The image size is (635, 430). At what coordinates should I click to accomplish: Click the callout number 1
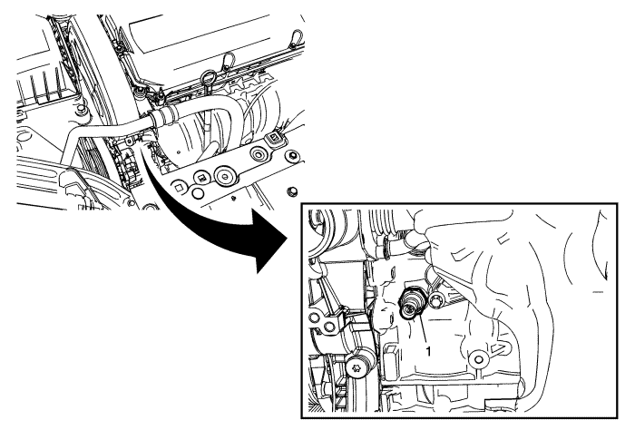[428, 351]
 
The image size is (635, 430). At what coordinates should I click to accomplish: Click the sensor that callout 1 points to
[411, 304]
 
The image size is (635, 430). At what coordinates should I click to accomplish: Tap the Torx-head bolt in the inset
[357, 368]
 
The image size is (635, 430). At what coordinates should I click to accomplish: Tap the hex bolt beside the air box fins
[81, 110]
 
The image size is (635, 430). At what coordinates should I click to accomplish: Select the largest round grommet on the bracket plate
[225, 175]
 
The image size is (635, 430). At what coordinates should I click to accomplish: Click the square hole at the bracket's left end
[179, 187]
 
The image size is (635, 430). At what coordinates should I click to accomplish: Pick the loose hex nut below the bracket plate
[291, 191]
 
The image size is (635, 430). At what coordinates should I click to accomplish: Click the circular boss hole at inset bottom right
[479, 359]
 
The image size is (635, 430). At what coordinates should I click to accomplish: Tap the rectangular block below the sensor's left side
[391, 358]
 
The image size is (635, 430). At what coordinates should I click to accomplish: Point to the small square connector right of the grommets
[275, 138]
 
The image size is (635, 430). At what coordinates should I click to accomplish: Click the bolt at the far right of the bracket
[291, 156]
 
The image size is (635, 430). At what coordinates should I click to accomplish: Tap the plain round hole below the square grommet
[198, 193]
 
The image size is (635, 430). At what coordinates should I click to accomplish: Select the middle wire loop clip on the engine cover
[228, 60]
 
